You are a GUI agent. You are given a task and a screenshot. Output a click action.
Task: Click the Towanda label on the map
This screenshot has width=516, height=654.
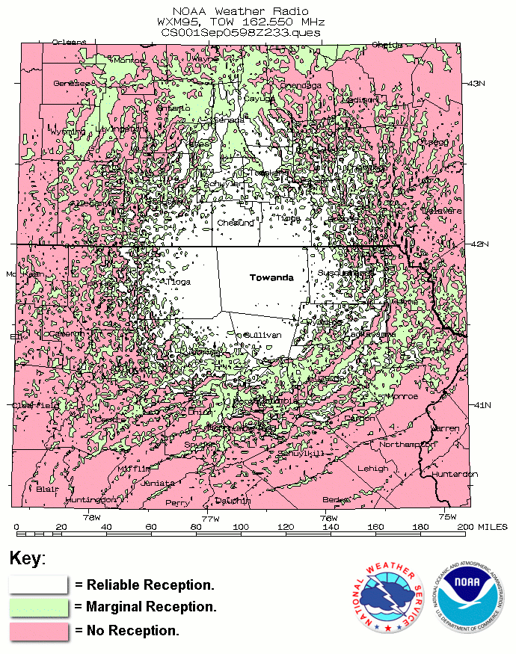(x=271, y=277)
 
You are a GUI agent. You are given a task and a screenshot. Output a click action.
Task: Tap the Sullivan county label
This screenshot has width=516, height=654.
(x=263, y=335)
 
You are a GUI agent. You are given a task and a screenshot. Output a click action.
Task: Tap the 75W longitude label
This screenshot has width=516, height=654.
(x=446, y=517)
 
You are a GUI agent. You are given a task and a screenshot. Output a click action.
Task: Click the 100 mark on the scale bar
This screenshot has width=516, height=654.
(x=240, y=528)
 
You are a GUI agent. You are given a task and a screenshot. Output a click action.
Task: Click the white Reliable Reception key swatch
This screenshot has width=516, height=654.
(x=39, y=584)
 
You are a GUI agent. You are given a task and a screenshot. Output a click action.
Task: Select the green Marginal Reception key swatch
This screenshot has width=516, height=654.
(x=39, y=607)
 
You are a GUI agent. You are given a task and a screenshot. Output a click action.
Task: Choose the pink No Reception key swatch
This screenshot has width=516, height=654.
(x=39, y=630)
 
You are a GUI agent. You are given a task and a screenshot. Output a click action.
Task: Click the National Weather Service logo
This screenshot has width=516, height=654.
(x=385, y=596)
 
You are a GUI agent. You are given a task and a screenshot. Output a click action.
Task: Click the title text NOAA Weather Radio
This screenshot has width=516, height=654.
(x=239, y=12)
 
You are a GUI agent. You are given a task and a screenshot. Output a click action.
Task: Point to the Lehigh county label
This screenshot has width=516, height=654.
(x=372, y=469)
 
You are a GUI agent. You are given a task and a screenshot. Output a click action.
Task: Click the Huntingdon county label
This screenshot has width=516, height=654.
(x=90, y=499)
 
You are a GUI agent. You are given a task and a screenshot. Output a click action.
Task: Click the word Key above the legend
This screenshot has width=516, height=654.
(x=28, y=558)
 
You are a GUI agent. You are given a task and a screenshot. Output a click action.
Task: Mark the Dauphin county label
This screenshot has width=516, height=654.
(x=233, y=501)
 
